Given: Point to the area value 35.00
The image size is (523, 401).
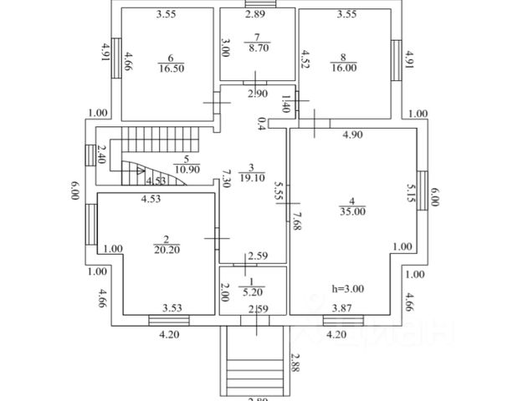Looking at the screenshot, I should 352,212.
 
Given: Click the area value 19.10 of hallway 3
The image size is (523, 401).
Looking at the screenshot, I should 251,178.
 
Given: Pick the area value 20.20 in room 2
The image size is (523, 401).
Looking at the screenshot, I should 167,248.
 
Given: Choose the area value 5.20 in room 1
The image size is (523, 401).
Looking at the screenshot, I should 252,293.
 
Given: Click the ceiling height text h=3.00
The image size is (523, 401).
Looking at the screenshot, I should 348,289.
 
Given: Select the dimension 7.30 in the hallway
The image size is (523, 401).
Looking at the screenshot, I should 226,179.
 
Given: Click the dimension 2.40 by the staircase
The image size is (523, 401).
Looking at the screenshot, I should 102,156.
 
